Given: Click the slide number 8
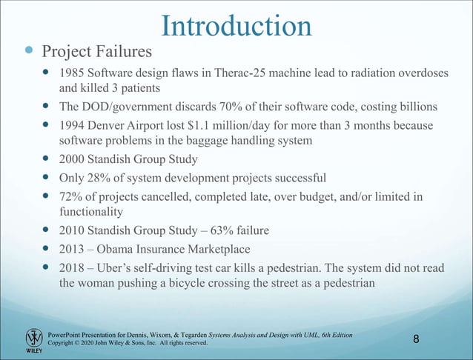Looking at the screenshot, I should click(417, 339).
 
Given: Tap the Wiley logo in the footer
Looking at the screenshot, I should click(34, 340).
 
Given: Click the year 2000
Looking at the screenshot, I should click(72, 159).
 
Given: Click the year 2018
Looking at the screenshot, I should click(72, 267).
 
